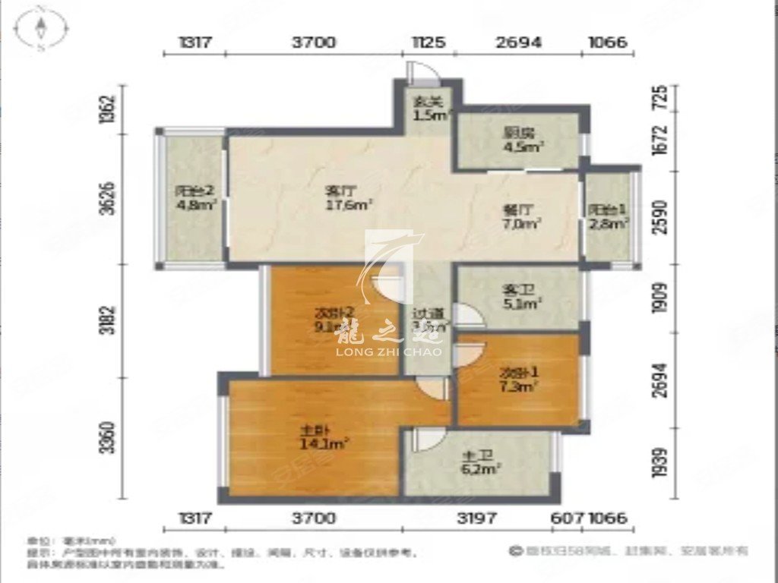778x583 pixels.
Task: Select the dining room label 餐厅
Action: click(x=514, y=210)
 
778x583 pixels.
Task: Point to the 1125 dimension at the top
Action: click(x=429, y=43)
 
